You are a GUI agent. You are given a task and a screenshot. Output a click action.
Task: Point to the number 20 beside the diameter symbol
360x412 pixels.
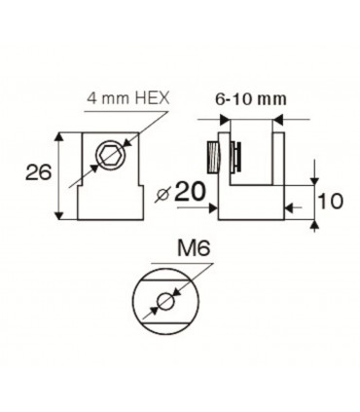click(196, 192)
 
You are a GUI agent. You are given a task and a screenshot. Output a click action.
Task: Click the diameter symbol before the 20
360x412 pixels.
click(167, 193)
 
